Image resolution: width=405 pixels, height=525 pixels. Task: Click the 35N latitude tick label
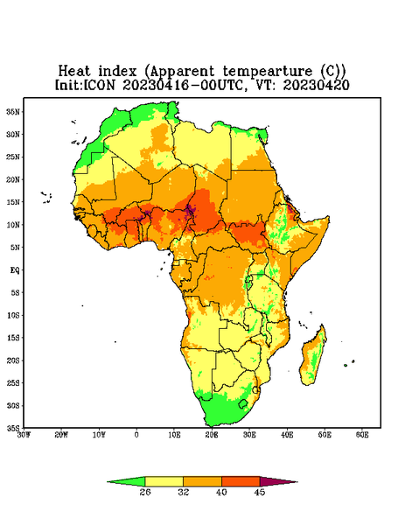pyautogui.click(x=13, y=111)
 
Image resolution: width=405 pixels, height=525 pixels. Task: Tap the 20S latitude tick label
pyautogui.click(x=13, y=360)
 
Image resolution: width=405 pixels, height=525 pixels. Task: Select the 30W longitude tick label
pyautogui.click(x=24, y=435)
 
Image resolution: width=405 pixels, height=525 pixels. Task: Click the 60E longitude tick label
pyautogui.click(x=362, y=435)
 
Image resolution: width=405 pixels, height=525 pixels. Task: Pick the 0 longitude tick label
pyautogui.click(x=136, y=435)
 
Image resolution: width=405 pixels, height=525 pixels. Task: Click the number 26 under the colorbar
pyautogui.click(x=145, y=492)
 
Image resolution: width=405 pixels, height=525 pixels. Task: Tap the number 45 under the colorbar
pyautogui.click(x=260, y=492)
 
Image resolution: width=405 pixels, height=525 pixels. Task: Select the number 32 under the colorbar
pyautogui.click(x=184, y=492)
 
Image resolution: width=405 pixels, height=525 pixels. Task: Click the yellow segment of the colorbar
pyautogui.click(x=164, y=482)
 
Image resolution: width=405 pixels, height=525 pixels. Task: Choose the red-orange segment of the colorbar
pyautogui.click(x=241, y=482)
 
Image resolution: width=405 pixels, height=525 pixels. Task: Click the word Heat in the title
pyautogui.click(x=74, y=72)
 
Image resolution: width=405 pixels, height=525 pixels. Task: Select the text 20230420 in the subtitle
pyautogui.click(x=317, y=85)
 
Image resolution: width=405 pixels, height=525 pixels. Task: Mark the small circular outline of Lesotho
pyautogui.click(x=243, y=403)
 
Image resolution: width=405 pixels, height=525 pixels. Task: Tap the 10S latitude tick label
pyautogui.click(x=13, y=315)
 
